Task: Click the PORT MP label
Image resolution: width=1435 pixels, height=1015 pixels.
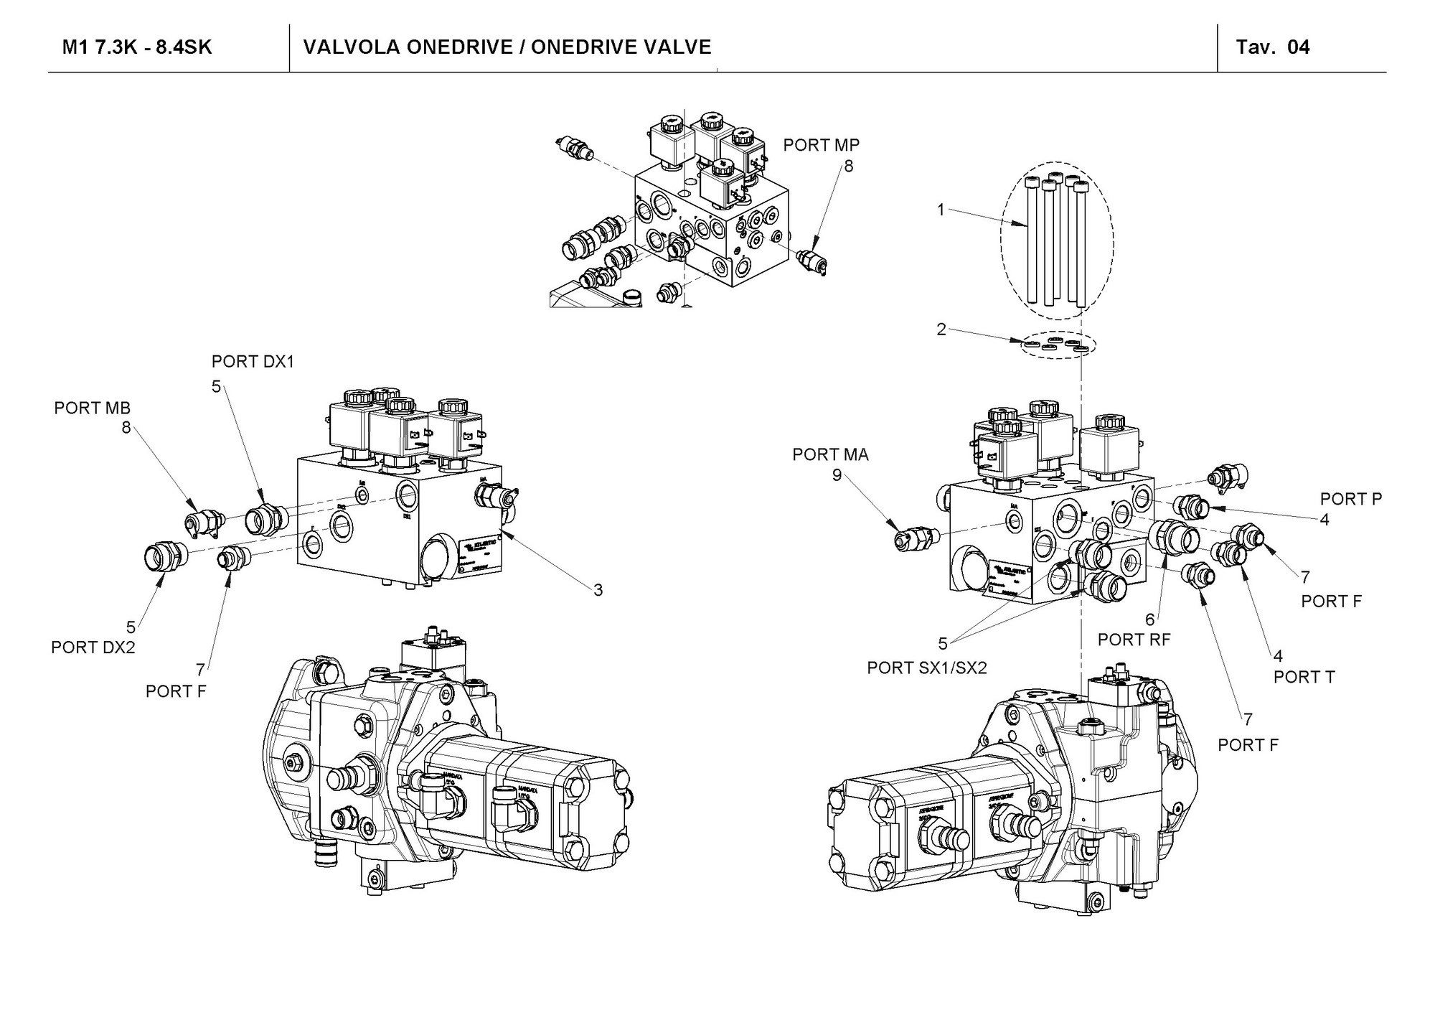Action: coord(821,145)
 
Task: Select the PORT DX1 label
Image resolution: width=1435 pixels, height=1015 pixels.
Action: coord(253,362)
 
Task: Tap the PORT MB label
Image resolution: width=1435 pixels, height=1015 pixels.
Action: coord(92,408)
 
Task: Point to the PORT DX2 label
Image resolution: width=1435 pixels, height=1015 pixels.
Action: coord(93,647)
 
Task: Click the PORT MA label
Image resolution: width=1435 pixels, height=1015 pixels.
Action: coord(830,454)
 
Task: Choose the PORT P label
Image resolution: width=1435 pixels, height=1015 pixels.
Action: coord(1350,499)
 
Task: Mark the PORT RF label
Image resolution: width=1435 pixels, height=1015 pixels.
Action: coord(1134,640)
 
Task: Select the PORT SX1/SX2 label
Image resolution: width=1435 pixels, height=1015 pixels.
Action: coord(926,668)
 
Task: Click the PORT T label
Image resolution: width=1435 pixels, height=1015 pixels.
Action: coord(1304,677)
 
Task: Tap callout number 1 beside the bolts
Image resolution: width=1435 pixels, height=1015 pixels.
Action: coord(941,210)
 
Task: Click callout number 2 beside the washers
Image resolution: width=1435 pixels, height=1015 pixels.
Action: coord(941,330)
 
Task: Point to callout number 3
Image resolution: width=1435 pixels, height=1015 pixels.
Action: coord(598,590)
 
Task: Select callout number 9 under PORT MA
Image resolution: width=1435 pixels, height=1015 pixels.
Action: coord(837,475)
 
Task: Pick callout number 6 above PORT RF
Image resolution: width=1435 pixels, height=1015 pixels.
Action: coord(1149,619)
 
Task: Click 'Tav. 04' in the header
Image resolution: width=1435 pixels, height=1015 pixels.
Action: coord(1272,47)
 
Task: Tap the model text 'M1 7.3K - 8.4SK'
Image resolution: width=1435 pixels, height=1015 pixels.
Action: coord(137,47)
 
